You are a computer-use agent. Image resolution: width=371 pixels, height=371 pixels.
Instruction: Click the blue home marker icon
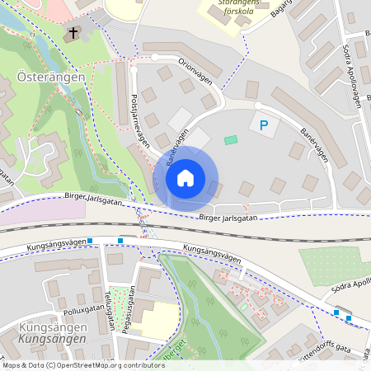[185, 178]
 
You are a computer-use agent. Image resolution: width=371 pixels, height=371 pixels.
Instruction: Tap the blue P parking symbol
[264, 125]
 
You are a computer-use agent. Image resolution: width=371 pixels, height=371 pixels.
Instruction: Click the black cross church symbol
[73, 33]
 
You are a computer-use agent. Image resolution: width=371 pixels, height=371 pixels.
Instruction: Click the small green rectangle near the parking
[230, 140]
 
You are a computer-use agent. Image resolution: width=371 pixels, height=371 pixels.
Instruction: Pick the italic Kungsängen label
[51, 339]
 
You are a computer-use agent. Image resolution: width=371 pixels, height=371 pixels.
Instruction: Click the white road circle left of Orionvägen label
[155, 57]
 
